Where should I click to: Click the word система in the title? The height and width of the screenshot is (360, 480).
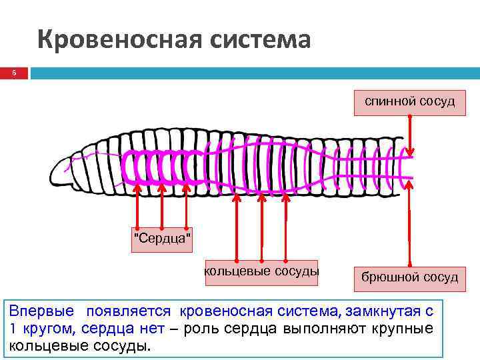(x=263, y=40)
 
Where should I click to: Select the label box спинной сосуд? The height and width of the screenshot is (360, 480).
(x=409, y=101)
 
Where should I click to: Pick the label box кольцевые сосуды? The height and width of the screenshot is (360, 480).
(x=261, y=271)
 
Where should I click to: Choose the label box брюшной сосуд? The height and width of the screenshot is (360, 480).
(x=409, y=277)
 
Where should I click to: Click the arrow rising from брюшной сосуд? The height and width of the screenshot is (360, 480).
(x=409, y=227)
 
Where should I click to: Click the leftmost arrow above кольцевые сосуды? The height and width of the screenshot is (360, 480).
(x=237, y=227)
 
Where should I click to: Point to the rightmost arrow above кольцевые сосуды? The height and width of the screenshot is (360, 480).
(x=286, y=227)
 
